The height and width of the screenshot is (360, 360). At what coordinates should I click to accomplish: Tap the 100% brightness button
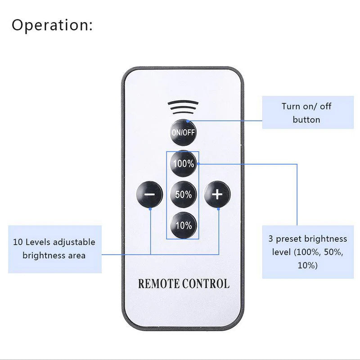coord(184,164)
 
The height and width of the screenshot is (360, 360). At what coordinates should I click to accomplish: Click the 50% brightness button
coord(184,194)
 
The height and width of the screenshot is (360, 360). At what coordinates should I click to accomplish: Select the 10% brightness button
coord(184,225)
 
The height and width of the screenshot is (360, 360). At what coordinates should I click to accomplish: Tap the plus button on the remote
coord(217,194)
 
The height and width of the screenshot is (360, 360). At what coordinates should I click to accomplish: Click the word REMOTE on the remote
coord(159,284)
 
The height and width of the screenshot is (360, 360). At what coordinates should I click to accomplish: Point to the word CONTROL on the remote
coord(206,284)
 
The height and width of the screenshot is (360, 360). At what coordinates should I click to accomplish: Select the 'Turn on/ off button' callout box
coord(306,113)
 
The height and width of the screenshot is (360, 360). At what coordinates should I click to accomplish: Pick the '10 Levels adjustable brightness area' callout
coord(54,249)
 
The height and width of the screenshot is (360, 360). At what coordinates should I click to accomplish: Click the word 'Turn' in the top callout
coord(291,107)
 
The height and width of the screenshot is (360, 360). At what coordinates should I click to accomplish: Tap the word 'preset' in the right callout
coord(297,239)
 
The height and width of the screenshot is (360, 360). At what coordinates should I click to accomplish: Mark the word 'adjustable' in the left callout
coord(74,243)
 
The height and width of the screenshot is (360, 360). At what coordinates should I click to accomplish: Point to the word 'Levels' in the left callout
coord(37,242)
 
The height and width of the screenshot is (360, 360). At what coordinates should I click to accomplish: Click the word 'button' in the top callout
coord(306,120)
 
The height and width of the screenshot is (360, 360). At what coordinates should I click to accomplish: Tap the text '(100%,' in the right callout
coord(308,252)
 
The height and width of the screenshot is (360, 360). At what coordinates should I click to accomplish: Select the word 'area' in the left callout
coord(76,256)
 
